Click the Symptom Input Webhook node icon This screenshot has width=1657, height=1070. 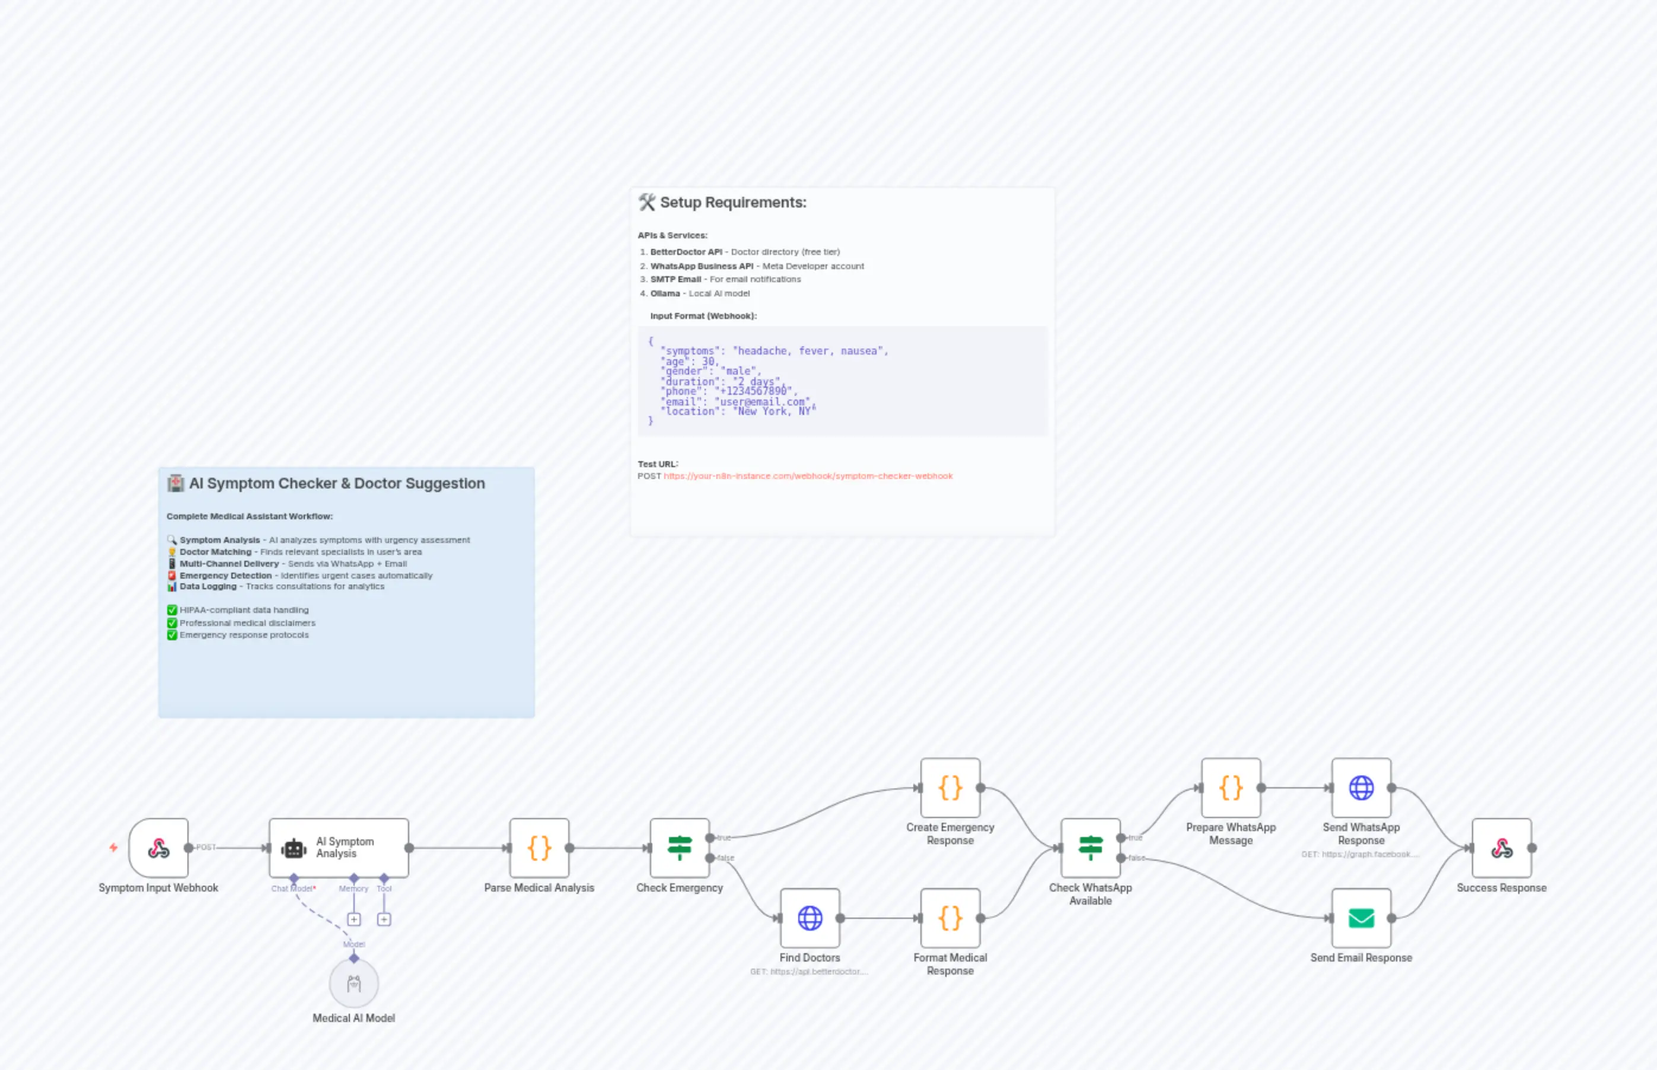point(158,848)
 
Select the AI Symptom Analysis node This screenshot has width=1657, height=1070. point(339,848)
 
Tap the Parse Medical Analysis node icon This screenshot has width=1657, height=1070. point(539,848)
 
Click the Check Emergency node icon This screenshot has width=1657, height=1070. point(680,848)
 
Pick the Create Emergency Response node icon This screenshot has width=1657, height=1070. point(950,788)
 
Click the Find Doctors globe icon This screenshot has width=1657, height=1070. point(810,918)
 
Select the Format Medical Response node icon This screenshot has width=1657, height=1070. point(950,918)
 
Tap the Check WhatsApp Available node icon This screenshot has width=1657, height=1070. point(1091,848)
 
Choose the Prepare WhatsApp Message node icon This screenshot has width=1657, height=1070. point(1231,788)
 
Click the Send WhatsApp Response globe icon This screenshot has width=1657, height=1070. point(1361,788)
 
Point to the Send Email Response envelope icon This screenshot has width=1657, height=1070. point(1361,918)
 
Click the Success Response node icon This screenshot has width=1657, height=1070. point(1501,848)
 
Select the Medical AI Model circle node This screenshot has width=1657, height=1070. point(354,983)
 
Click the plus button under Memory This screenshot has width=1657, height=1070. point(354,919)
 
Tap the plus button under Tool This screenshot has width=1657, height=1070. point(384,919)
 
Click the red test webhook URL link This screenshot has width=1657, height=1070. point(808,476)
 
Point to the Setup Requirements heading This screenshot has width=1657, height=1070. point(732,202)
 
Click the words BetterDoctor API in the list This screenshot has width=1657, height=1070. point(686,251)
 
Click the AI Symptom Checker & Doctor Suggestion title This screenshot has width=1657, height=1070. point(336,483)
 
